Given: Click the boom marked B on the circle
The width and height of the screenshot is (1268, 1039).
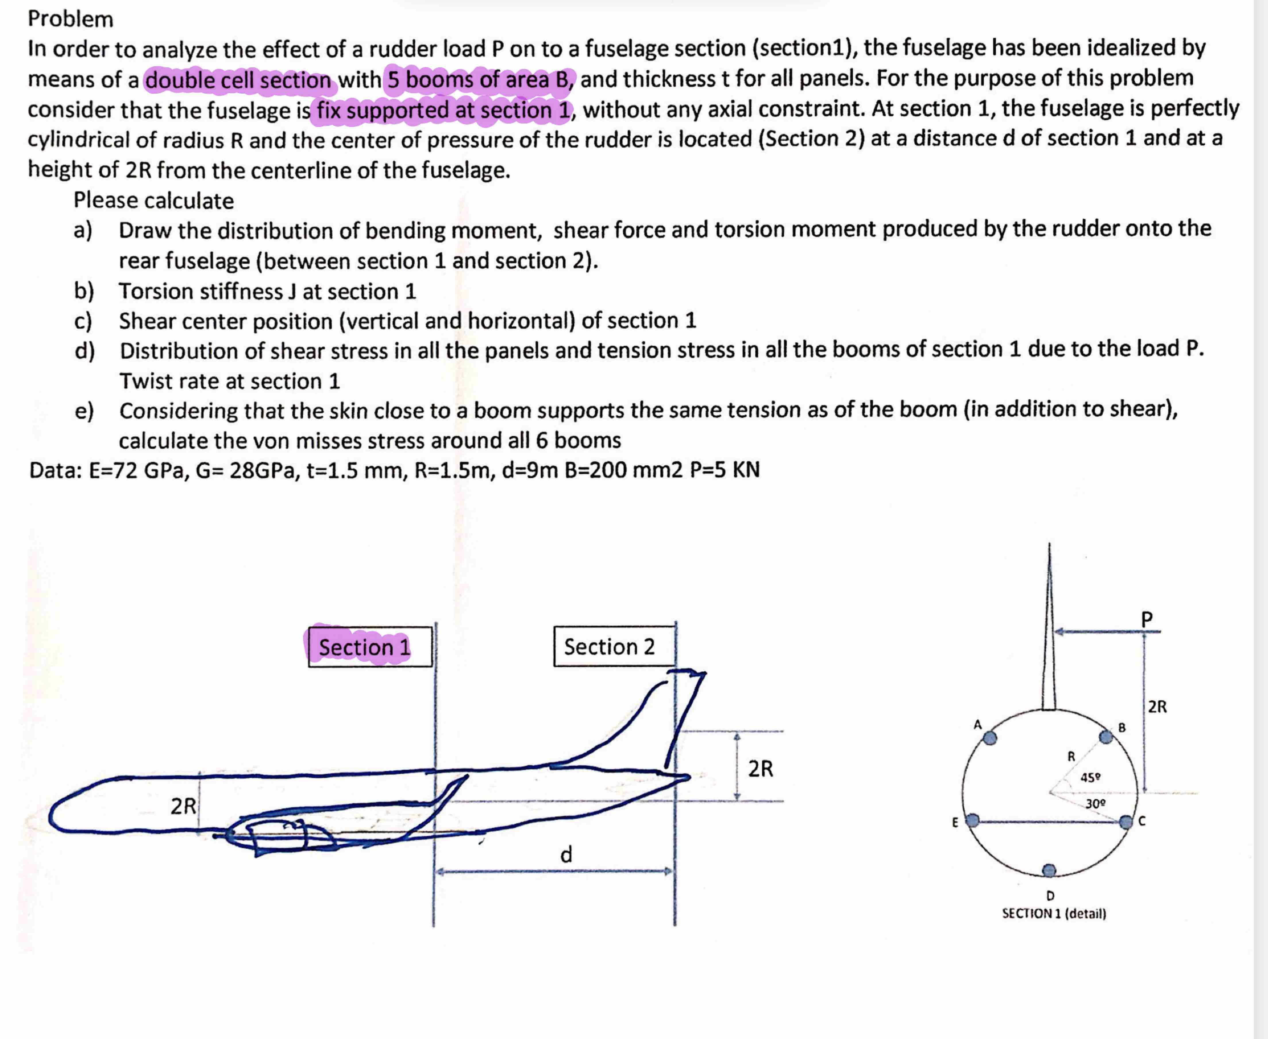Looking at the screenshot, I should tap(1106, 736).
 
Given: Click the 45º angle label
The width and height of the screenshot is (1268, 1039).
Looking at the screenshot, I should tap(1090, 777).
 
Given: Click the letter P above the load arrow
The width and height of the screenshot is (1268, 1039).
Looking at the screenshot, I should tap(1146, 619).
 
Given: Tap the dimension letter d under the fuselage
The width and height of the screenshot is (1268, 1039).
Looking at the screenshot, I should tap(566, 854).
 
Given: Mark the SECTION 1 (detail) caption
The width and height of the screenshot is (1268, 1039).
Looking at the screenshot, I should tap(1054, 913).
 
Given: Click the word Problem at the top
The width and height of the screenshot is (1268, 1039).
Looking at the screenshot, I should tap(71, 19).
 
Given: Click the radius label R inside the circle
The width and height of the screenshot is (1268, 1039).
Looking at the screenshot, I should tap(1071, 757).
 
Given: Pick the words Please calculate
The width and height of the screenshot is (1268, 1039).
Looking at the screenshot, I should tap(154, 201).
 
